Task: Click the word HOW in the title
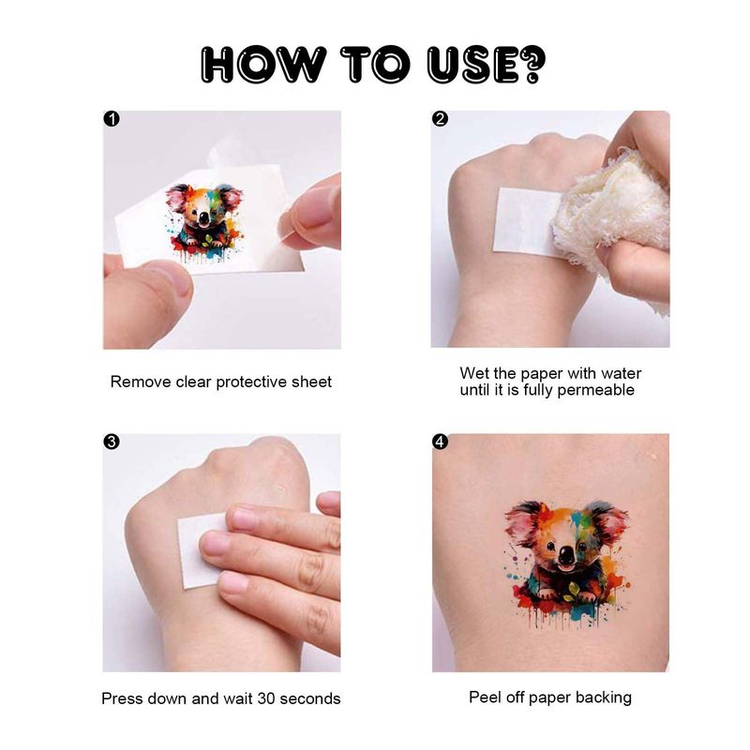coord(262,64)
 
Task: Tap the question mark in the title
coord(532,64)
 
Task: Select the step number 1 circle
coord(112,119)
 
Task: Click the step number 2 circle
coord(440,119)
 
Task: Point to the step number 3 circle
coord(112,442)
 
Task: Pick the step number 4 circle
coord(440,442)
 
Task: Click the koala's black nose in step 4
coord(567,555)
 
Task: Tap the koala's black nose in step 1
coord(203,218)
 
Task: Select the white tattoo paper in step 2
coord(524,220)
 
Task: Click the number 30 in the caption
coord(266,698)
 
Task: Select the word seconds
coord(310,698)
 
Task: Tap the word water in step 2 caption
coord(621,373)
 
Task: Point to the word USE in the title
coord(472,64)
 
